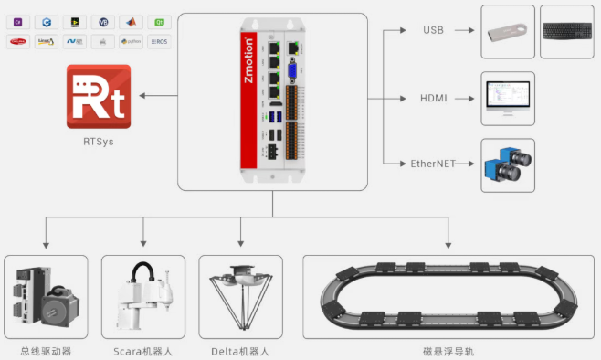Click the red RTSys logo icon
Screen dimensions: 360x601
[99, 96]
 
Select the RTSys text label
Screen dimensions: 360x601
[99, 142]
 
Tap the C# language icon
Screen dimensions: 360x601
[20, 21]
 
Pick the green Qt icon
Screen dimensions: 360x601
[159, 21]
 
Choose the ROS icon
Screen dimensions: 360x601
[159, 41]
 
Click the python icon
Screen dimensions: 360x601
[132, 41]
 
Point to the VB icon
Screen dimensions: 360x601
[103, 21]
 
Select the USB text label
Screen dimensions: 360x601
[433, 30]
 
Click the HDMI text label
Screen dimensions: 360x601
[434, 97]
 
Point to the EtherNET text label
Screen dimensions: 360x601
[434, 164]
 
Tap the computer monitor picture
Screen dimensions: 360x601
[507, 97]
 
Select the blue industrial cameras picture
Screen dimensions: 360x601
[508, 165]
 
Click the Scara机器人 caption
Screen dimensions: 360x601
[143, 351]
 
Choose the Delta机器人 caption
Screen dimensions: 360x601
[240, 351]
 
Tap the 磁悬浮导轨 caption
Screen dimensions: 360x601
[449, 351]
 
